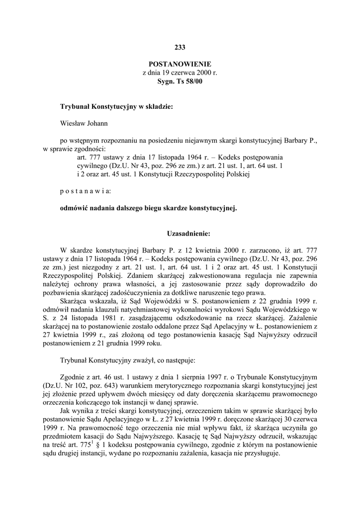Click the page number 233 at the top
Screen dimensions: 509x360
(180, 48)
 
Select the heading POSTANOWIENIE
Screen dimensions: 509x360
(180, 64)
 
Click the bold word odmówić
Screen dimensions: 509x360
(74, 209)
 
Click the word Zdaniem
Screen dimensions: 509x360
(139, 274)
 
